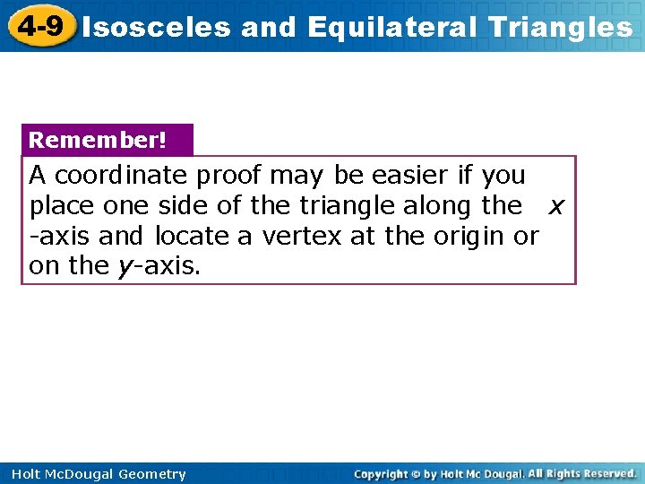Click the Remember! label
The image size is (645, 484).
[98, 141]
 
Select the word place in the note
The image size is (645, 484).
[63, 206]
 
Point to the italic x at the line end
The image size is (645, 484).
[556, 207]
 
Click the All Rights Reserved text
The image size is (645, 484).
[582, 473]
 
